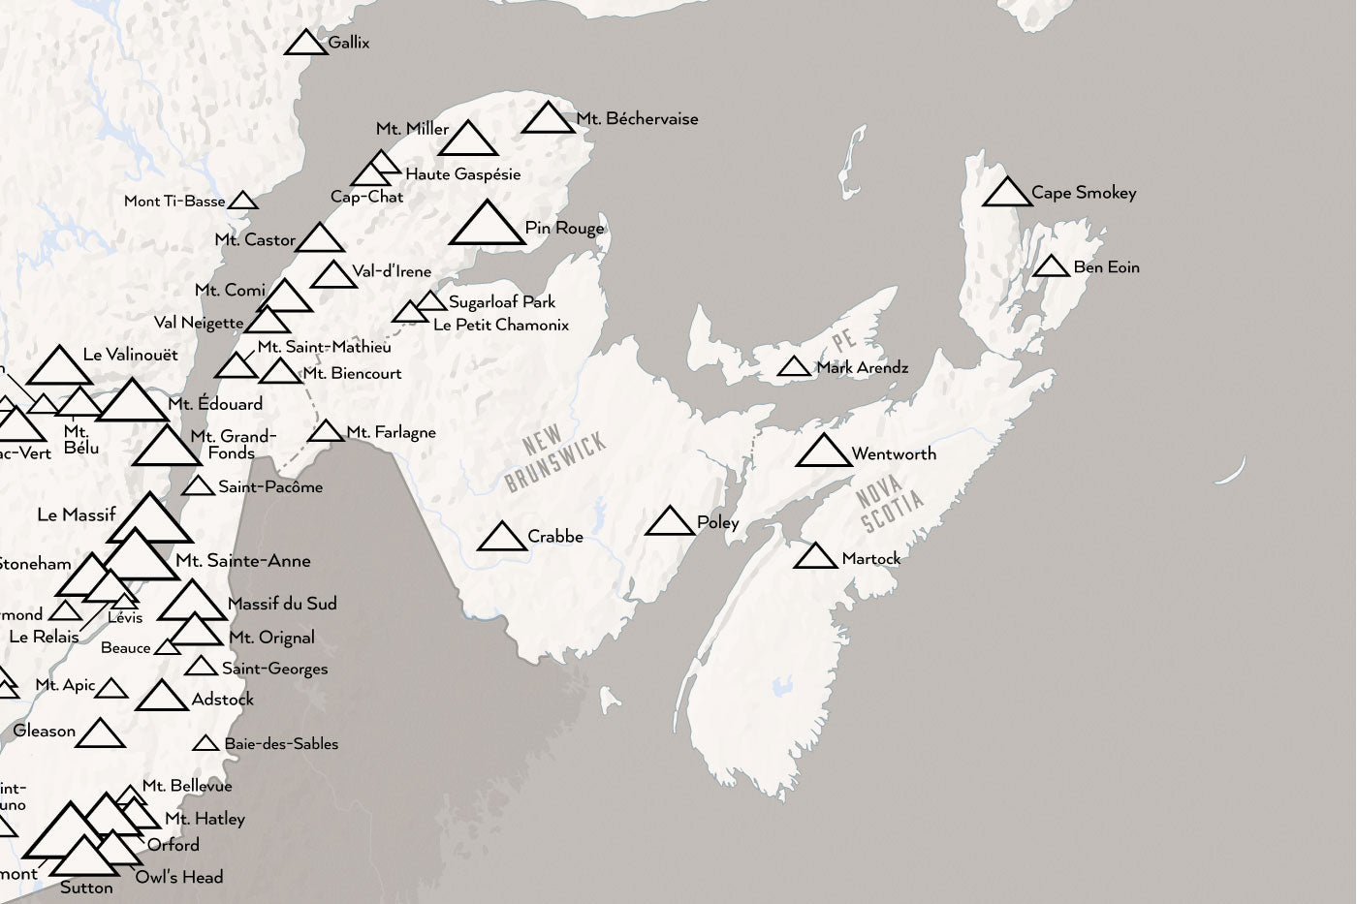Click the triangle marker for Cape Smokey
(1007, 194)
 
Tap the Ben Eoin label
(1106, 267)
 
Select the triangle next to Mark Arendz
(794, 368)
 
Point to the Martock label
(870, 559)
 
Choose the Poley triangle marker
(670, 523)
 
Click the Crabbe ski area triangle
(502, 538)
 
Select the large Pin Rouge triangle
(487, 226)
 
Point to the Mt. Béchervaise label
(637, 119)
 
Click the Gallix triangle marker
(306, 44)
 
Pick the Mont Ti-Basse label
(174, 202)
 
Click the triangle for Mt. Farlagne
(327, 432)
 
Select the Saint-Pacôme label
(270, 486)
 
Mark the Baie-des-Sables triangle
(205, 744)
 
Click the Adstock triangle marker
(161, 698)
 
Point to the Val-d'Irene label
(392, 271)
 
